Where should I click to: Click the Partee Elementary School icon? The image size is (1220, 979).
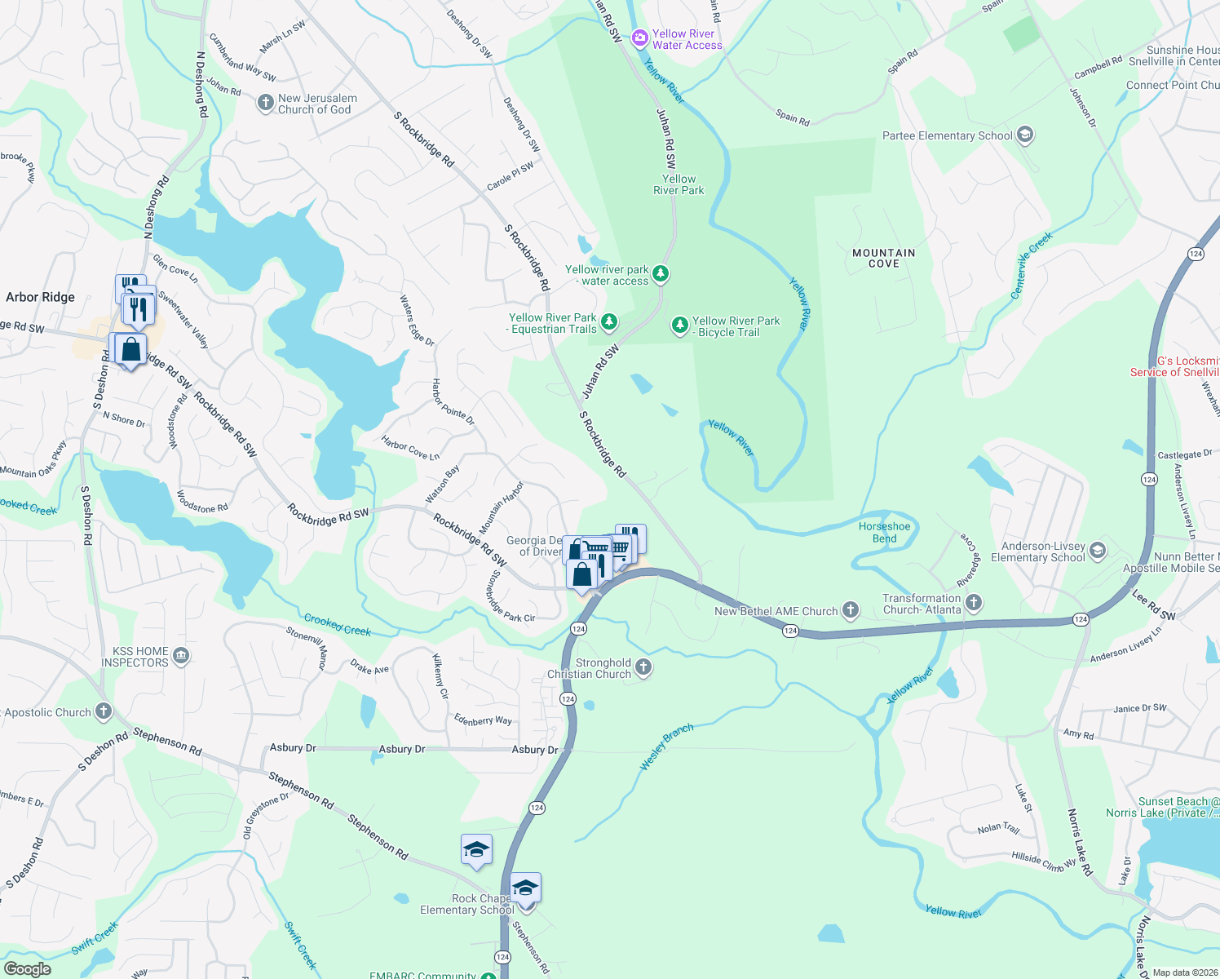1025,135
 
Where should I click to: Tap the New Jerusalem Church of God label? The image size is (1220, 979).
317,104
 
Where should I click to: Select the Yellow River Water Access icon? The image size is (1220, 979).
640,38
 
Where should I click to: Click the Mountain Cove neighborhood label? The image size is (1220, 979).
883,258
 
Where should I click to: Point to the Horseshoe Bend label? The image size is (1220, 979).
884,532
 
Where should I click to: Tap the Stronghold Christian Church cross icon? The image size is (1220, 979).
643,667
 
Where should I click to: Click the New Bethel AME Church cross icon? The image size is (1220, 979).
851,609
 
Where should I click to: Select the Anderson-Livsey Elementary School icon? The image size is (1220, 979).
1097,551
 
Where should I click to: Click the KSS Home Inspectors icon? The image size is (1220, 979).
181,656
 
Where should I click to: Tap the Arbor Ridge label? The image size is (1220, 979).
40,297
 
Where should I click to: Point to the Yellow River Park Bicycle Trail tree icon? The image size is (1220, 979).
679,326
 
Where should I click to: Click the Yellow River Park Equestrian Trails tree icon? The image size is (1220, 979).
608,322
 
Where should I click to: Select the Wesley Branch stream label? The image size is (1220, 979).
666,746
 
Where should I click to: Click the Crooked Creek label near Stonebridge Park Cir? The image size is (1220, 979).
337,625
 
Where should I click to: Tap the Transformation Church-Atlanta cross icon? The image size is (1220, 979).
974,603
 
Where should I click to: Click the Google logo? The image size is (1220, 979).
28,968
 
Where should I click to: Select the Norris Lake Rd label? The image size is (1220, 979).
1080,842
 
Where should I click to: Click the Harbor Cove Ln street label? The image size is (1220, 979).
410,447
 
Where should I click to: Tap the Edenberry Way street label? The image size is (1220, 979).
483,720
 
